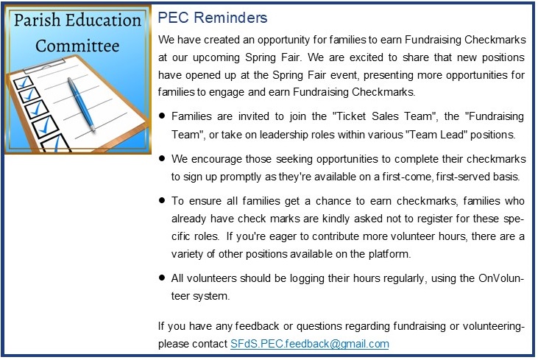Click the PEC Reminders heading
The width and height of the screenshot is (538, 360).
tap(213, 18)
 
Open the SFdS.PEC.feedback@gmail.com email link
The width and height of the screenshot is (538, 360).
tap(310, 344)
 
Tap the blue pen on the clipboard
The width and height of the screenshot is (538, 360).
tap(81, 104)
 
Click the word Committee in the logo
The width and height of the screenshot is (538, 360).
tap(77, 46)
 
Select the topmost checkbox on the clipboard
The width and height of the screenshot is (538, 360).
tap(24, 82)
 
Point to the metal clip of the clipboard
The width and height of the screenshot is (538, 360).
tap(44, 66)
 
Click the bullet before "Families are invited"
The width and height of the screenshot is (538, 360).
tap(163, 116)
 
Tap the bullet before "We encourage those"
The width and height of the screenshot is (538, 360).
tap(163, 158)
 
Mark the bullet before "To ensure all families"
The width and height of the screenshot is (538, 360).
tap(163, 200)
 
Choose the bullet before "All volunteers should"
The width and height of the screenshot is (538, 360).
tap(163, 278)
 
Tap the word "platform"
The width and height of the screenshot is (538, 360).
tap(389, 254)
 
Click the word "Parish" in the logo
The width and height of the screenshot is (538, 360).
tap(37, 20)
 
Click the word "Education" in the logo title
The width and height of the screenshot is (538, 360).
tap(103, 20)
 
